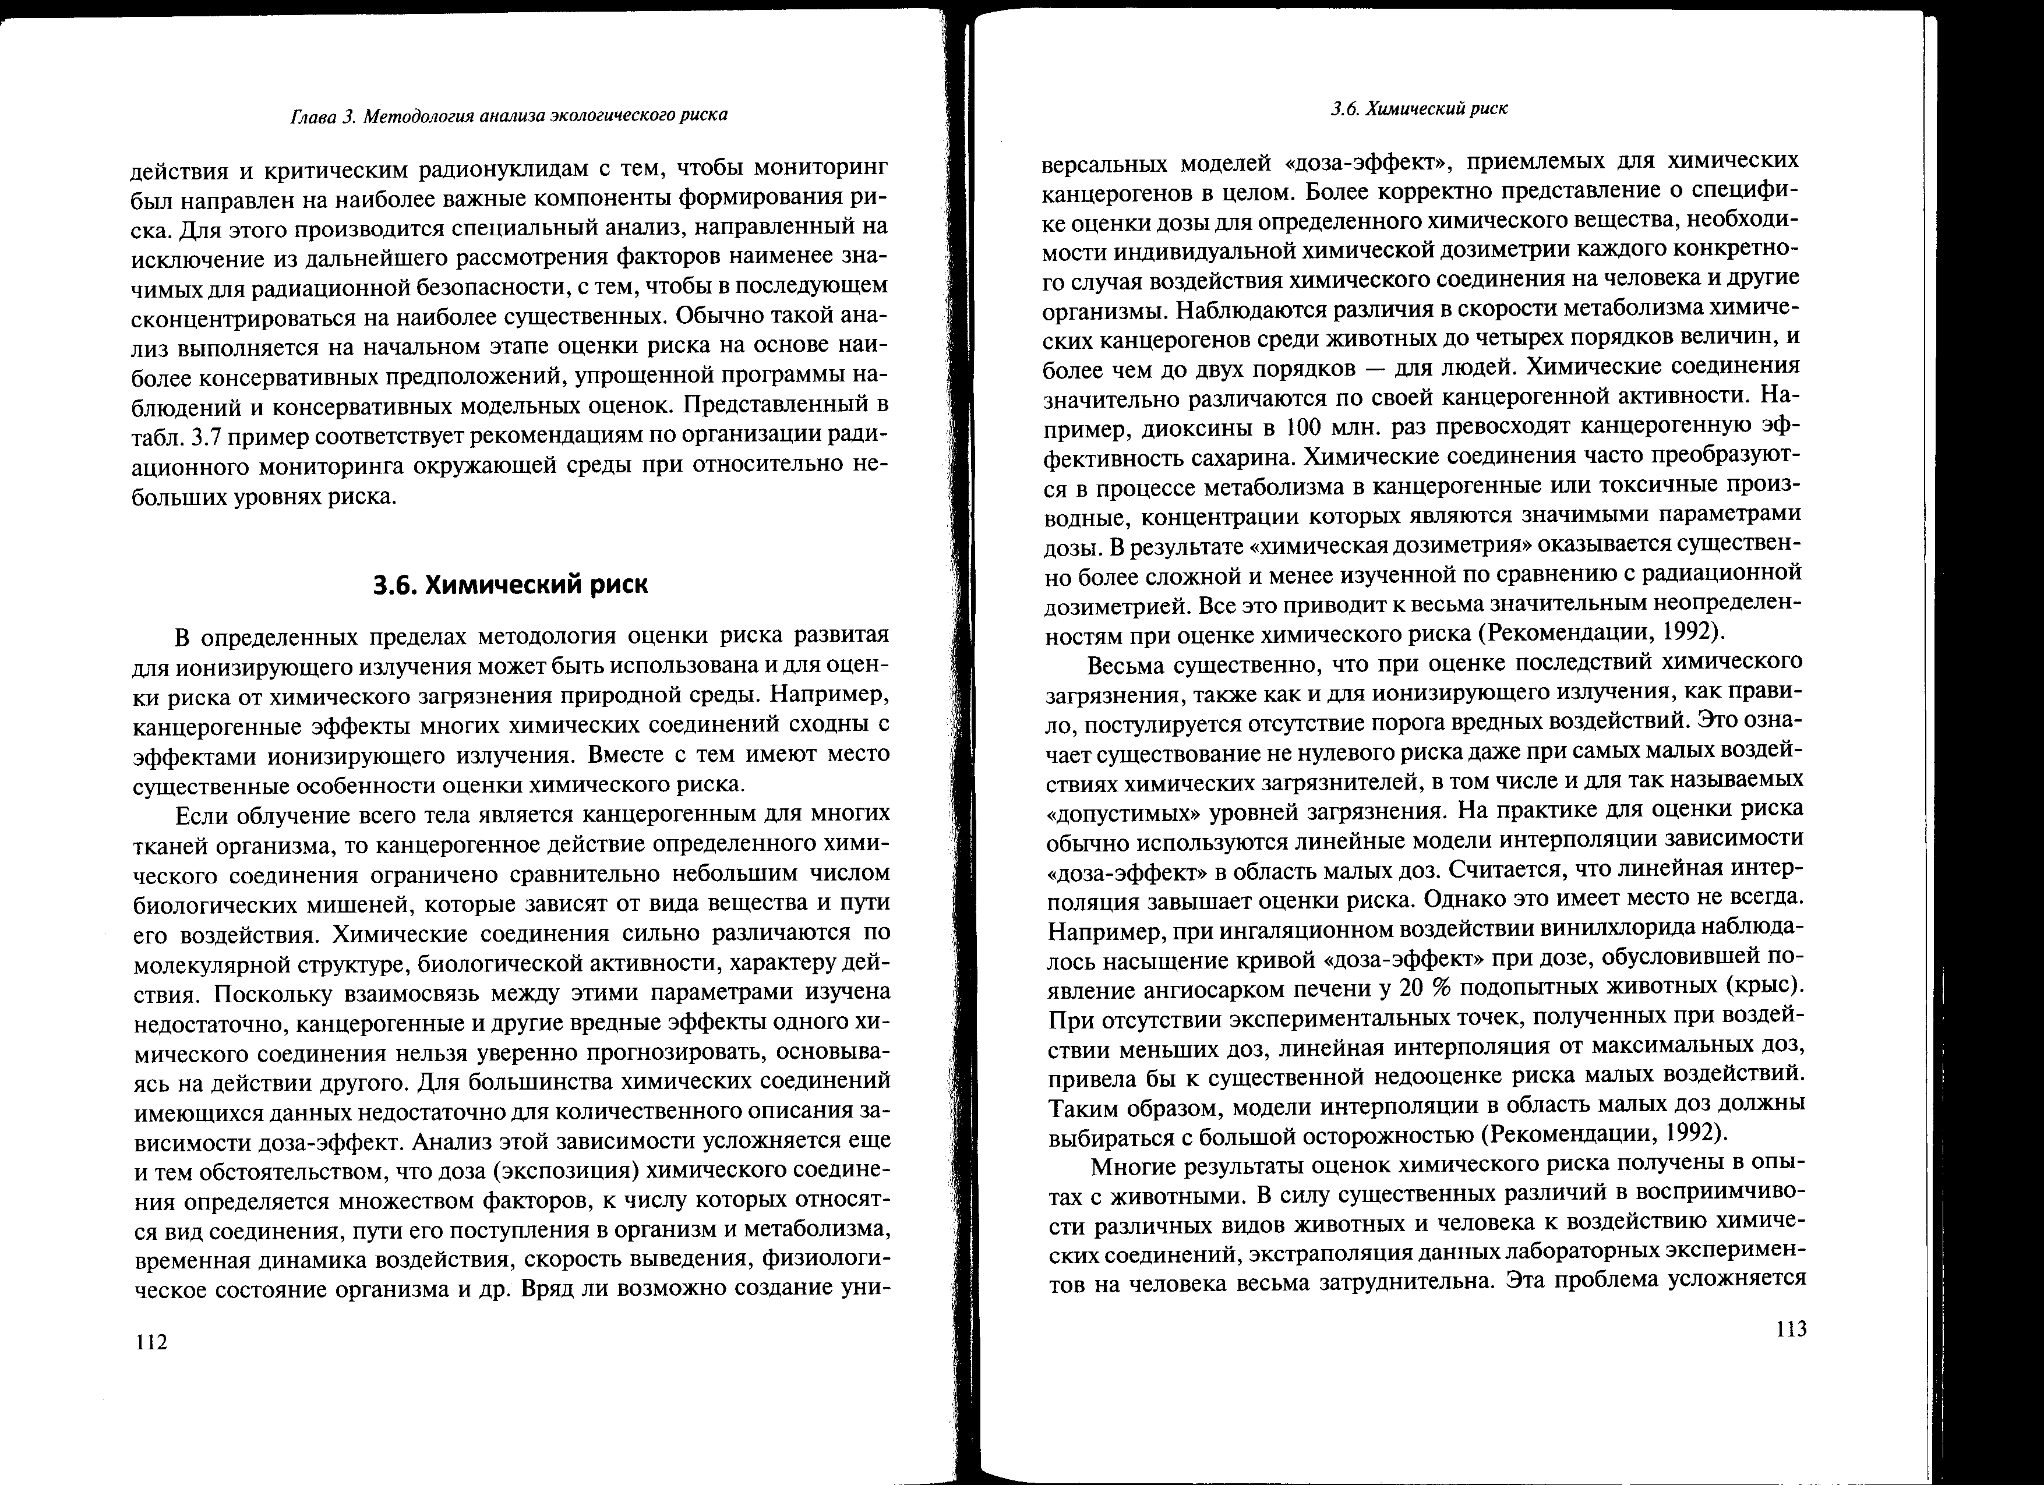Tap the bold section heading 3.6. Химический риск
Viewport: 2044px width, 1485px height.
click(x=510, y=585)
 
